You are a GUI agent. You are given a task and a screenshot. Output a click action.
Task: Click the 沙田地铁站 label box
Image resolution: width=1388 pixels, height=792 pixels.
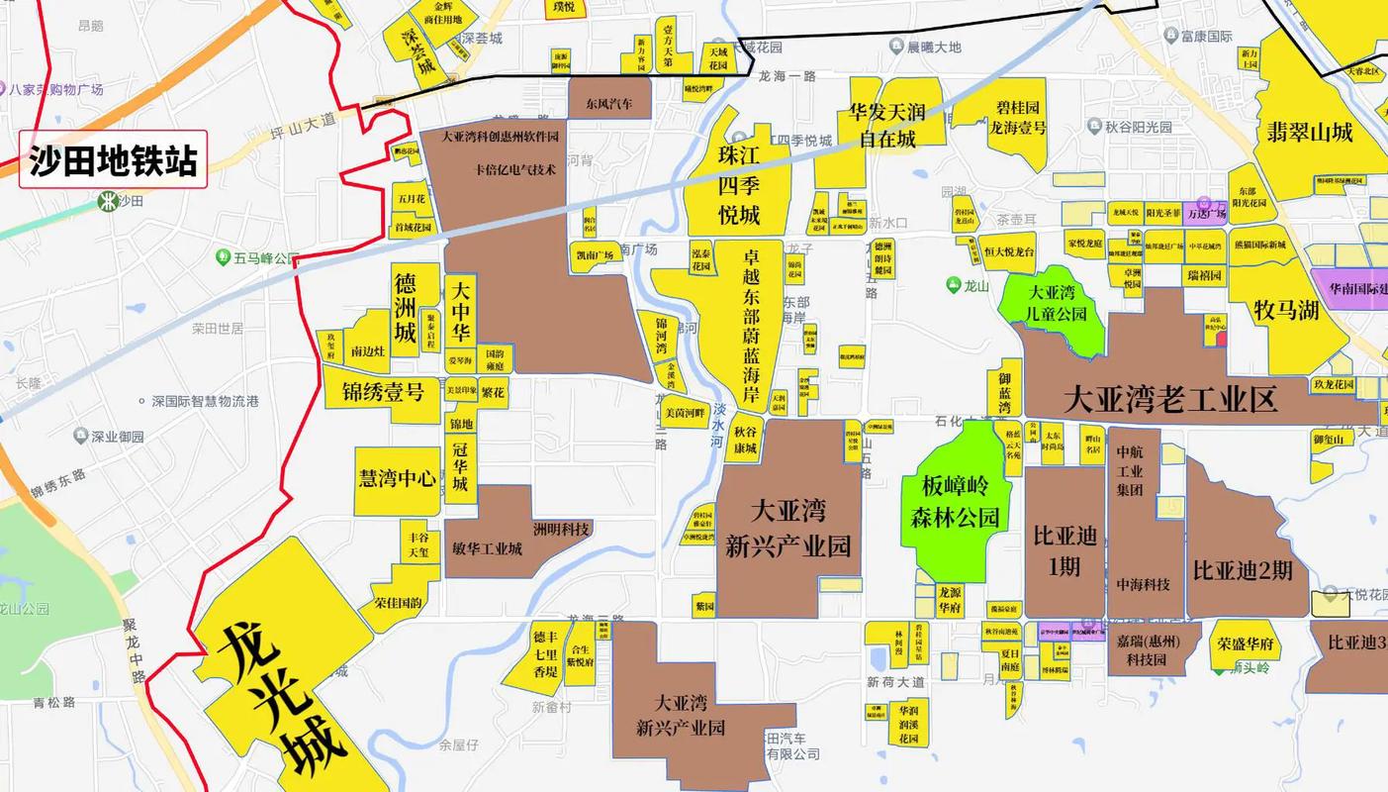click(x=113, y=159)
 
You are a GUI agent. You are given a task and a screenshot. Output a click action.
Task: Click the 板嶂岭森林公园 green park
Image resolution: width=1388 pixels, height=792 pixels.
click(x=956, y=500)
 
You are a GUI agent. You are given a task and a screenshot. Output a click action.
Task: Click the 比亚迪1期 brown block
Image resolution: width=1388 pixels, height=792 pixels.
click(x=1064, y=551)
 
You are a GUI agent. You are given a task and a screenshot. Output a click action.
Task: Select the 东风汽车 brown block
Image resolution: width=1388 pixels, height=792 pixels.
click(x=608, y=102)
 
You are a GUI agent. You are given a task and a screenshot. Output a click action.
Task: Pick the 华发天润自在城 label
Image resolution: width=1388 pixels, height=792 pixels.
click(x=887, y=125)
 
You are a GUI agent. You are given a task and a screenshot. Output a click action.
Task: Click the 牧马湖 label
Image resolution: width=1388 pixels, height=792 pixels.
click(x=1286, y=310)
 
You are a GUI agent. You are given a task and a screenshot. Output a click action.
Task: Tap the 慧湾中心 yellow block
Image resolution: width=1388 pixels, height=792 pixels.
click(x=397, y=479)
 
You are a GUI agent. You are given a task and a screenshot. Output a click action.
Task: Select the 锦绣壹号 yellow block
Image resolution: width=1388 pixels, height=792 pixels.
click(x=383, y=392)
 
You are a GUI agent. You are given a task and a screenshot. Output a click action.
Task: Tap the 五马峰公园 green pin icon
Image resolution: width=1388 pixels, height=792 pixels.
click(x=224, y=257)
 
